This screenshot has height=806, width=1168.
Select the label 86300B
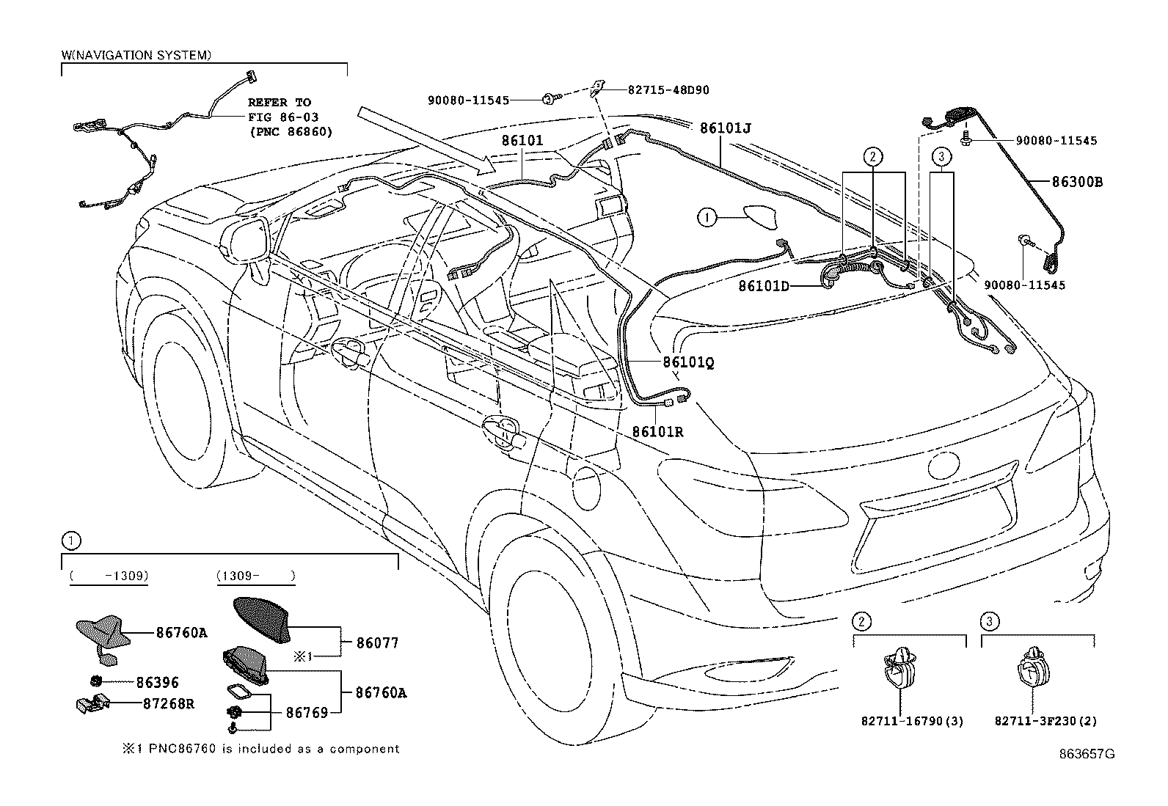click(1077, 182)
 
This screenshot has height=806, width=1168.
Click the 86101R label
click(657, 432)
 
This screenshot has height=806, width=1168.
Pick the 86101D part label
click(763, 286)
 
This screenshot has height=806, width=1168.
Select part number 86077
click(377, 643)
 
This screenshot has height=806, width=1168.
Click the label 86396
click(157, 683)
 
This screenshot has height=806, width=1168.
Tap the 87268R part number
click(168, 703)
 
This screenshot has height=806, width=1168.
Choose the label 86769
click(307, 711)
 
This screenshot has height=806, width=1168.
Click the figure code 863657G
click(1086, 754)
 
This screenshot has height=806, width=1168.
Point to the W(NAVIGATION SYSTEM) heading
click(136, 55)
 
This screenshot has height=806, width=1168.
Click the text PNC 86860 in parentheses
click(290, 132)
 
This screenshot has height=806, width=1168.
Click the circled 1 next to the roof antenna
click(706, 217)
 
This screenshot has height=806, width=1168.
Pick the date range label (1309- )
click(256, 576)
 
